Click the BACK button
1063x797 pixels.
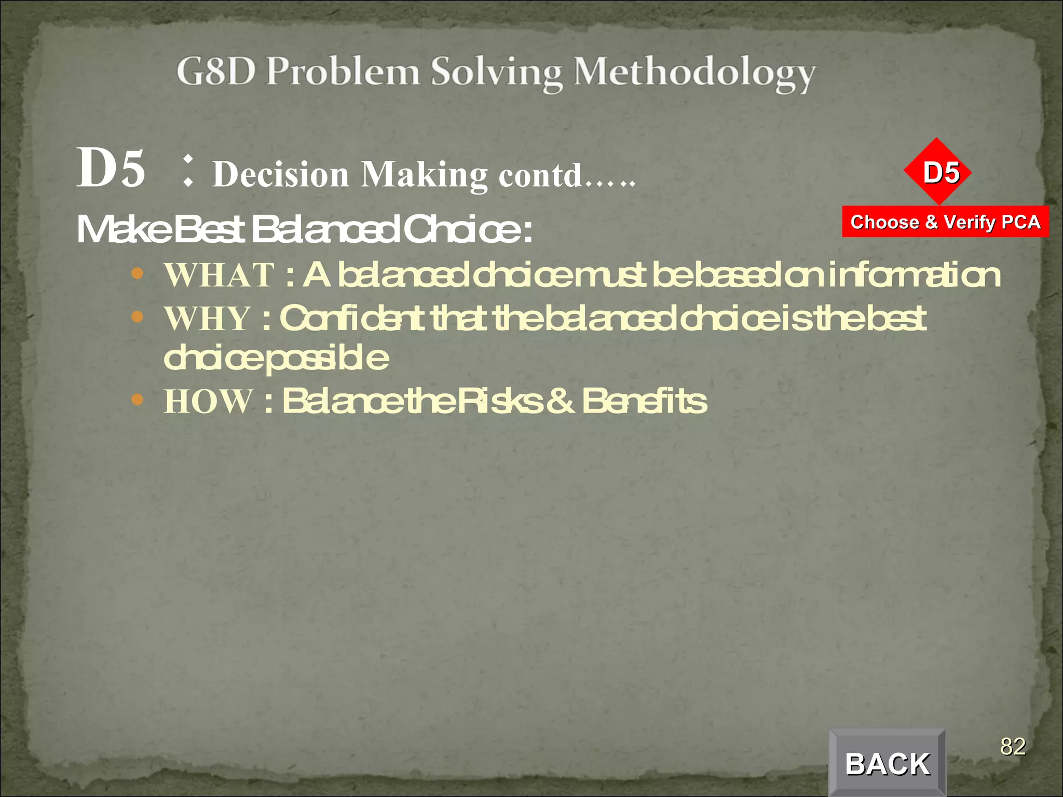(887, 763)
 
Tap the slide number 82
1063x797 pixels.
(1013, 747)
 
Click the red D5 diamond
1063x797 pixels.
(937, 172)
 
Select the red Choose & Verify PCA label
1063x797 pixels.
(945, 222)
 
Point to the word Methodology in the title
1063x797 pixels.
(694, 74)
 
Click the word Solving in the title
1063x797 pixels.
(496, 74)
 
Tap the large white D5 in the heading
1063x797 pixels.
(111, 168)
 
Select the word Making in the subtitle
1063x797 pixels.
(424, 175)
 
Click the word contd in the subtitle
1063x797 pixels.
(540, 175)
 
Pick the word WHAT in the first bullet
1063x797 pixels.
(219, 275)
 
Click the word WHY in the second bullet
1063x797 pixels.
(208, 318)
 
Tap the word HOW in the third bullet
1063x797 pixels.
(208, 401)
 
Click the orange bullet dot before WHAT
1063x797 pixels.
(137, 273)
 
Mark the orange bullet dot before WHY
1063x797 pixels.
(137, 317)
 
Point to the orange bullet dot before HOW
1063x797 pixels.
(137, 400)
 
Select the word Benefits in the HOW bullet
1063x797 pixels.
(644, 401)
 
